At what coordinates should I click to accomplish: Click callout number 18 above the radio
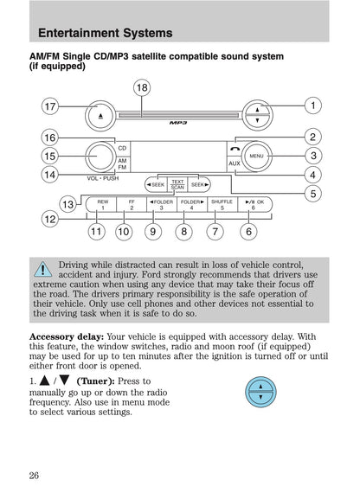coord(142,86)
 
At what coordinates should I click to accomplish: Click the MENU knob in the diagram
coord(256,157)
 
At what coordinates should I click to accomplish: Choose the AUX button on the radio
coord(235,163)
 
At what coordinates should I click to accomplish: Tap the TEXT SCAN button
coord(177,184)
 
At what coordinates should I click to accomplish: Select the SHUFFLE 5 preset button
coord(222,204)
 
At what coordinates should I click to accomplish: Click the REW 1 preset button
coord(102,204)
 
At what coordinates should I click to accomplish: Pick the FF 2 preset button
coord(132,204)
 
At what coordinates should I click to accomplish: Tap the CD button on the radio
coord(122,148)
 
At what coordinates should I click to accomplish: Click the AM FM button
coord(122,163)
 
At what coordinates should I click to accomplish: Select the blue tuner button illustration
coord(261,392)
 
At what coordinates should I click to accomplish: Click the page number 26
coord(34,474)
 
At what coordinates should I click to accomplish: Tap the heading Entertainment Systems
coord(105,34)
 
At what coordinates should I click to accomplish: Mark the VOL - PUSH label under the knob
coord(103,177)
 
